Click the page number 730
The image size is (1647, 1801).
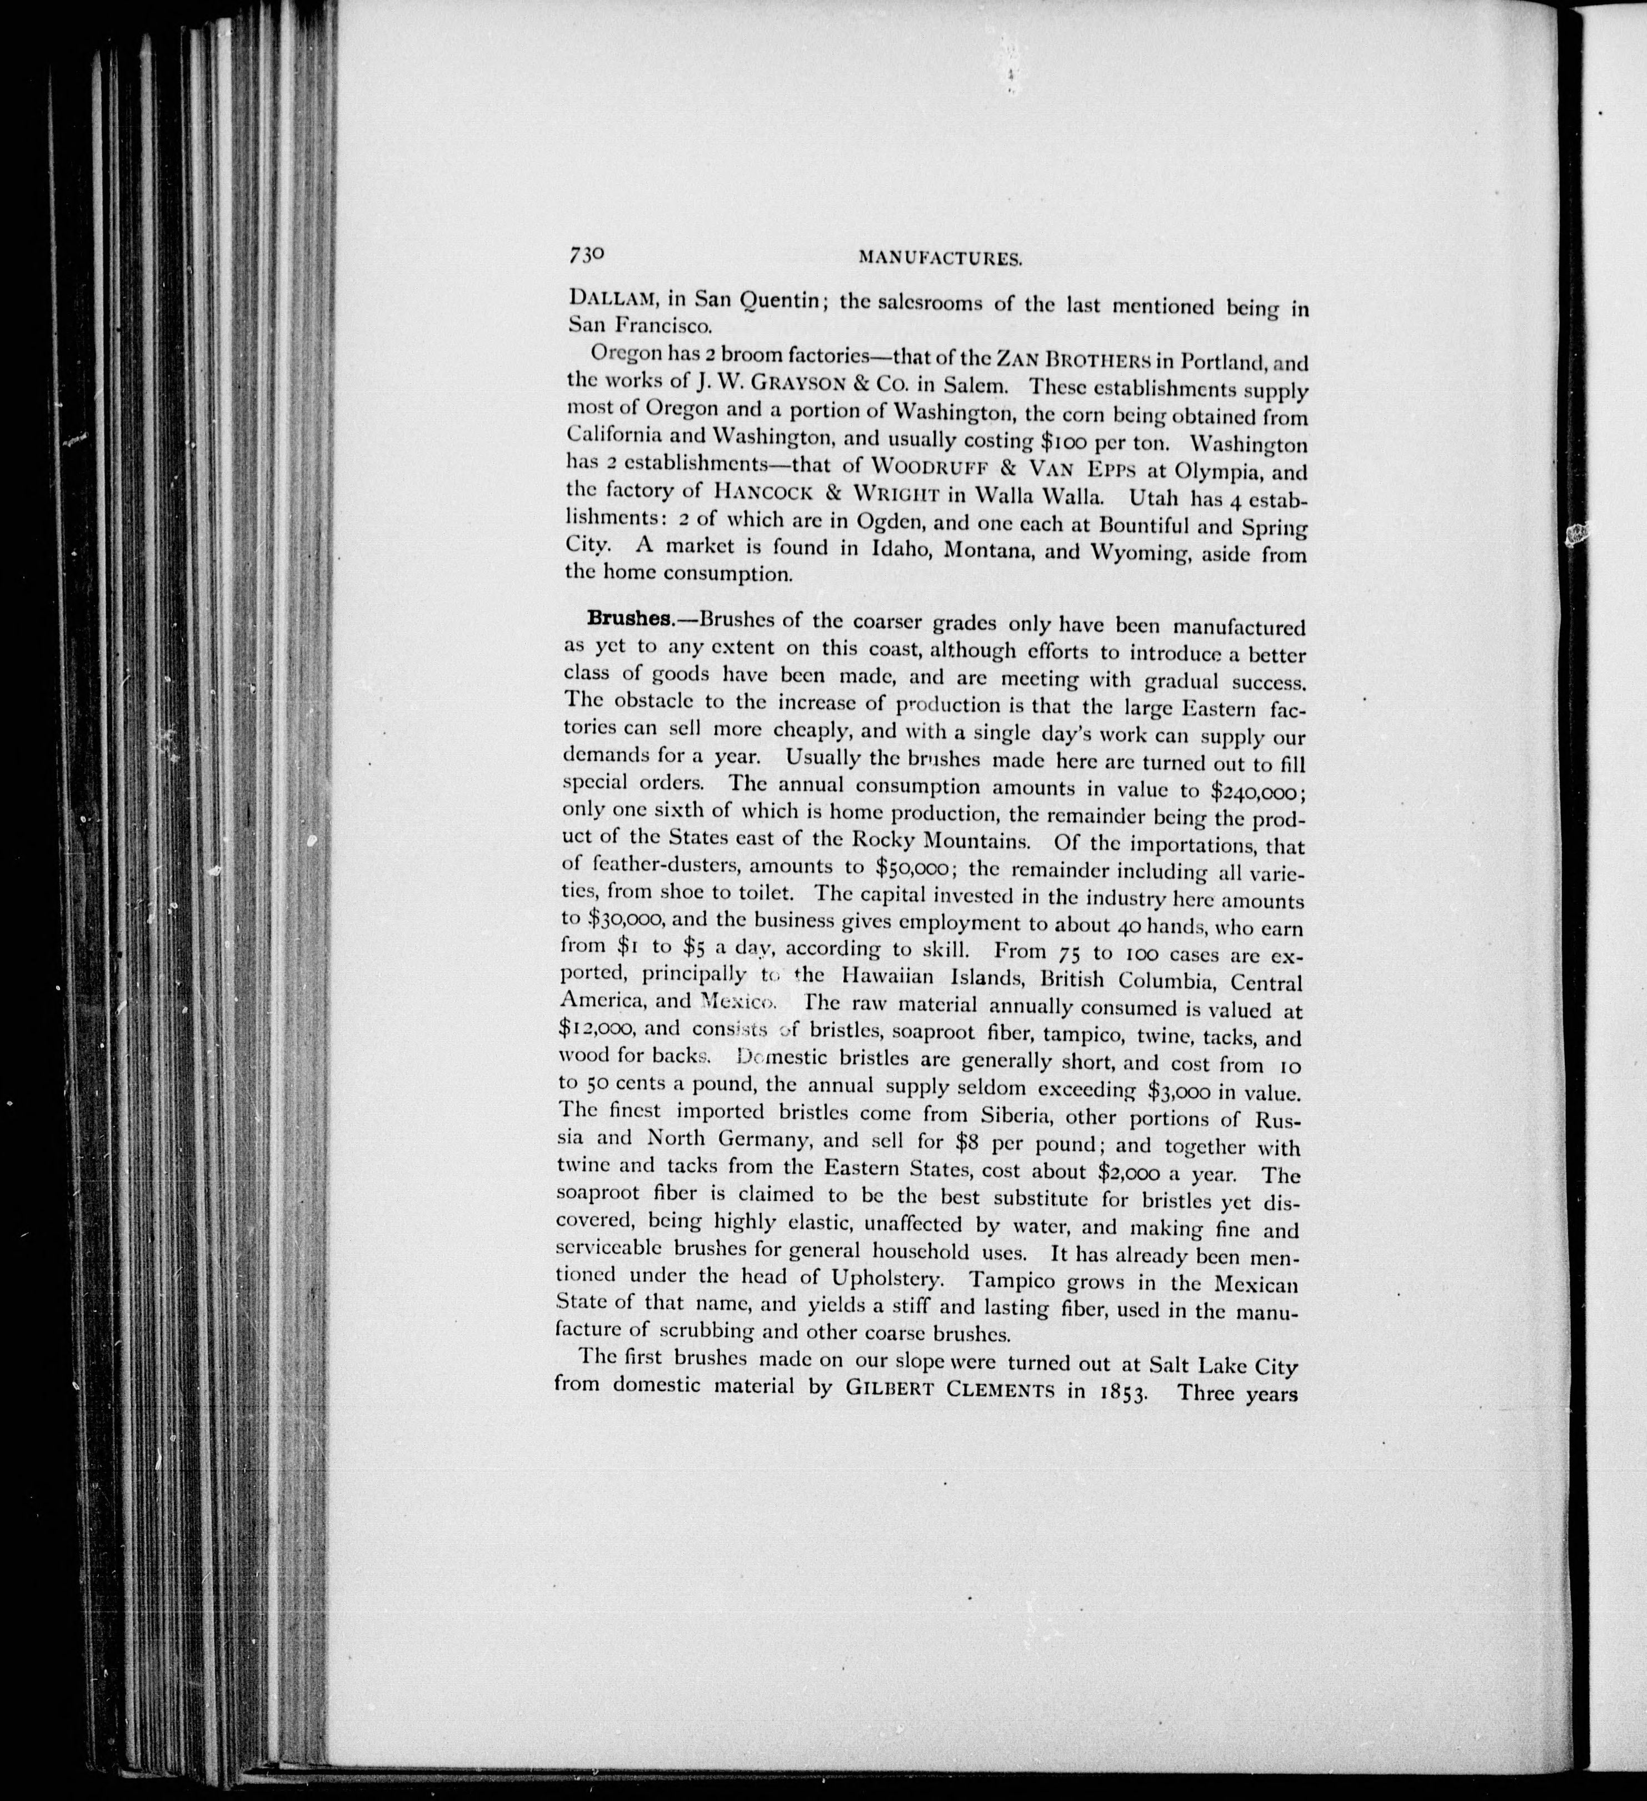click(585, 253)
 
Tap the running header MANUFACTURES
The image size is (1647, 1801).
click(940, 259)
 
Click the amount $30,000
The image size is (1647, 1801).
click(612, 920)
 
